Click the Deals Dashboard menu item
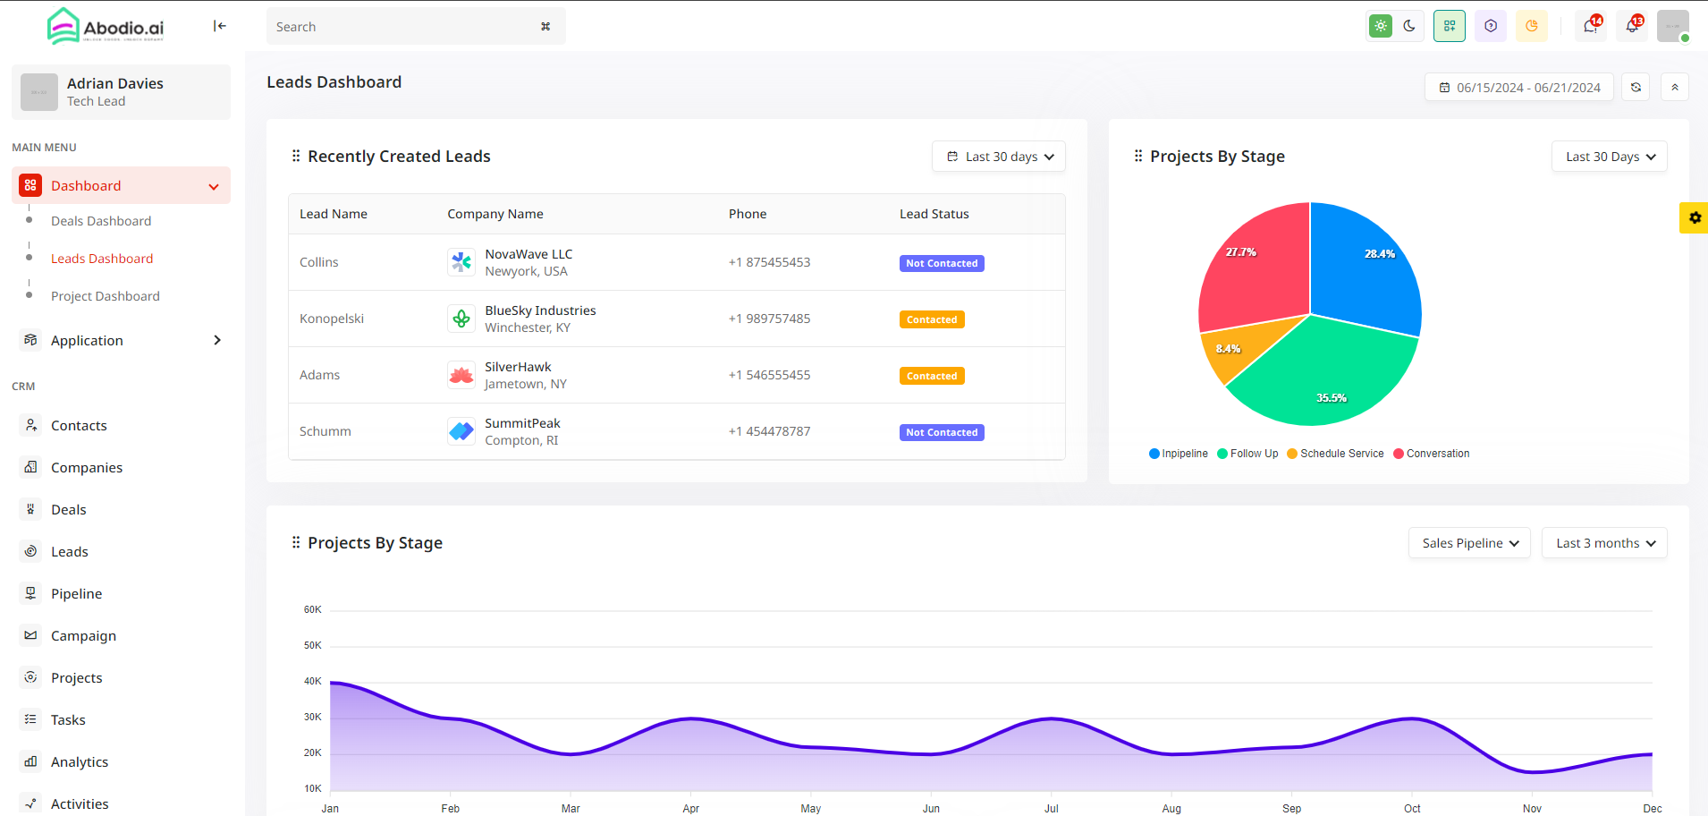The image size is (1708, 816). [100, 221]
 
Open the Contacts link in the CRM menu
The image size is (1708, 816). [79, 426]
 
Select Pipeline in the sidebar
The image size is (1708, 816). [76, 594]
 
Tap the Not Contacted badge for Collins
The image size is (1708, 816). [941, 263]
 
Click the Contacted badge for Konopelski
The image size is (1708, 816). [931, 319]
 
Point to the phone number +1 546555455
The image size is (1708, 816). [769, 375]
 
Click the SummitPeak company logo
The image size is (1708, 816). [461, 431]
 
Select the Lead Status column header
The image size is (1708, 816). [934, 214]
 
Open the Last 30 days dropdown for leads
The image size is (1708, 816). [999, 157]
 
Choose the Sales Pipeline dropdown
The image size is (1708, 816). [1469, 543]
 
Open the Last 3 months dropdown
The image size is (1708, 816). [1604, 543]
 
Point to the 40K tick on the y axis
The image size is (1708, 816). [312, 681]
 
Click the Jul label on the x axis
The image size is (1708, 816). [1051, 808]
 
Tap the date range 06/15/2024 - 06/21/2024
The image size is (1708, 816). [1519, 88]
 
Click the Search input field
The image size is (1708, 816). [402, 27]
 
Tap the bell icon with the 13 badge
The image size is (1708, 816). [1632, 26]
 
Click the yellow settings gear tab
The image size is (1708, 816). [1694, 217]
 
